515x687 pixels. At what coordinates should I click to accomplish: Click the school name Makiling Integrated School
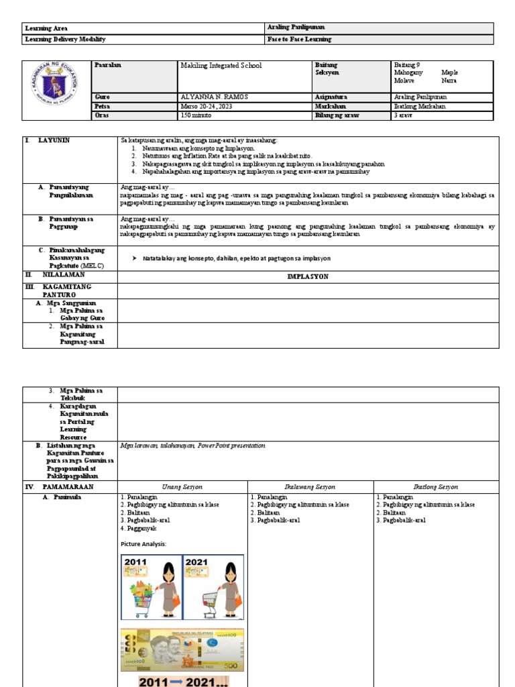(221, 66)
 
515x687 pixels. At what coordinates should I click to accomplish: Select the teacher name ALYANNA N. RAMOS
(214, 97)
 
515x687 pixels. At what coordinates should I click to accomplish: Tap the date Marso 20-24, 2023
(210, 106)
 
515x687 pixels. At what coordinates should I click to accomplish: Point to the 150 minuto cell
(196, 115)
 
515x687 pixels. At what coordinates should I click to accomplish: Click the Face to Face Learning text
(299, 40)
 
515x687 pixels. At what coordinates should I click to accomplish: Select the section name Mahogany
(408, 72)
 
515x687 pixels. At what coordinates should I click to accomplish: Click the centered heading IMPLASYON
(308, 276)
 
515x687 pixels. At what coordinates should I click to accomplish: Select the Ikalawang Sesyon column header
(310, 486)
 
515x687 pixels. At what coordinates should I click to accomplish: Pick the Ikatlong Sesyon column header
(436, 486)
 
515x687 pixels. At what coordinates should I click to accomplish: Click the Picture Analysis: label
(144, 543)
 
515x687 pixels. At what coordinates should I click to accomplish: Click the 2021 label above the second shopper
(197, 562)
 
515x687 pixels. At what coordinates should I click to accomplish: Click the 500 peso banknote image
(182, 649)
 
